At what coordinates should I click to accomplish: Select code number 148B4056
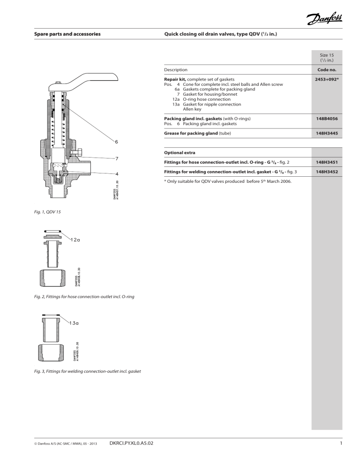tap(328, 119)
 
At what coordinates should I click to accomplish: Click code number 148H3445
tap(328, 133)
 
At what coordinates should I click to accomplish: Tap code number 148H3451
tap(328, 162)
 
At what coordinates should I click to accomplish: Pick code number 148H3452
tap(328, 172)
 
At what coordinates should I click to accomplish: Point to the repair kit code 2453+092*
tap(328, 80)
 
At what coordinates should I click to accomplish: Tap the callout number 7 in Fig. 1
tap(117, 158)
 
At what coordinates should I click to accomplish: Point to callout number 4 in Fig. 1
tap(117, 173)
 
